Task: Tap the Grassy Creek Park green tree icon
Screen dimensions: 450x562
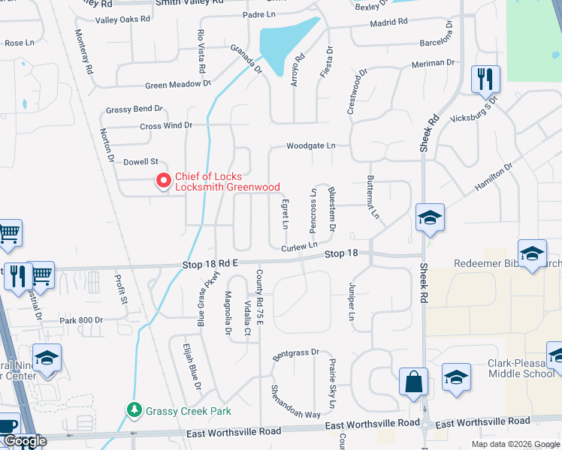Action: tap(134, 410)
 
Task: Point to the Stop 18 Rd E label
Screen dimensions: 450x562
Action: tap(210, 264)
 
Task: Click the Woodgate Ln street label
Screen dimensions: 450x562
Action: tap(310, 146)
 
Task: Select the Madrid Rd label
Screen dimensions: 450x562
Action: tap(388, 23)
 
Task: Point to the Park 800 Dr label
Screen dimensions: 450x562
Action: tap(80, 320)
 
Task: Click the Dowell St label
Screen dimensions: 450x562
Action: tap(141, 161)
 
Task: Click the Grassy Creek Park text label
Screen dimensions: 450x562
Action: tap(189, 411)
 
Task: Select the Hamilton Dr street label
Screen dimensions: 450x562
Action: tap(492, 178)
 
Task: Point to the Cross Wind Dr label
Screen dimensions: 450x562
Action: tap(166, 126)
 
